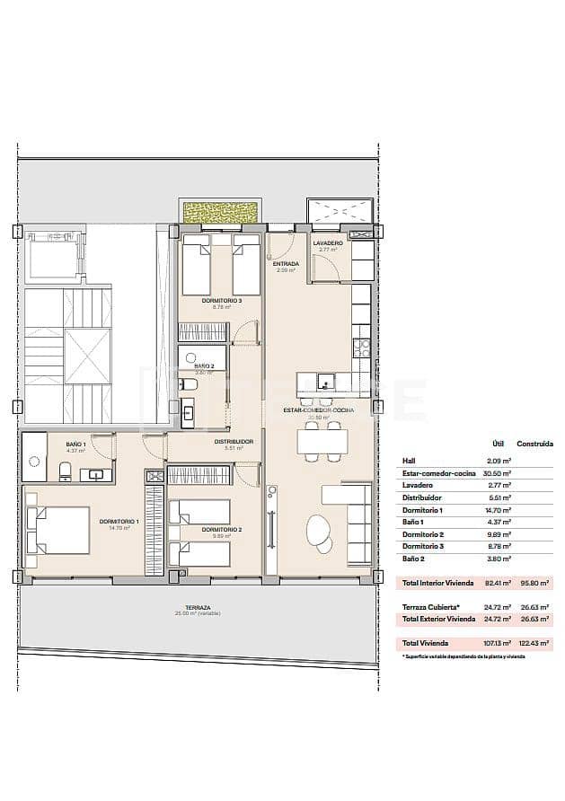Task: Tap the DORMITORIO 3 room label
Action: (x=220, y=301)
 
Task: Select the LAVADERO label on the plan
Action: (x=327, y=243)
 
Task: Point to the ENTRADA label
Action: (x=287, y=264)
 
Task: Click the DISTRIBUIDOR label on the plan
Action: (x=234, y=442)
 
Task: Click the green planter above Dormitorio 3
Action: (x=221, y=213)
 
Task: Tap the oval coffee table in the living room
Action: (x=319, y=530)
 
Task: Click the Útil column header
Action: (x=498, y=444)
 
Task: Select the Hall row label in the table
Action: (x=409, y=461)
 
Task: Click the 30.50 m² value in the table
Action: (x=499, y=473)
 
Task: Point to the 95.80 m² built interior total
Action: (x=535, y=583)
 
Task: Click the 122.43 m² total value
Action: (x=534, y=643)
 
